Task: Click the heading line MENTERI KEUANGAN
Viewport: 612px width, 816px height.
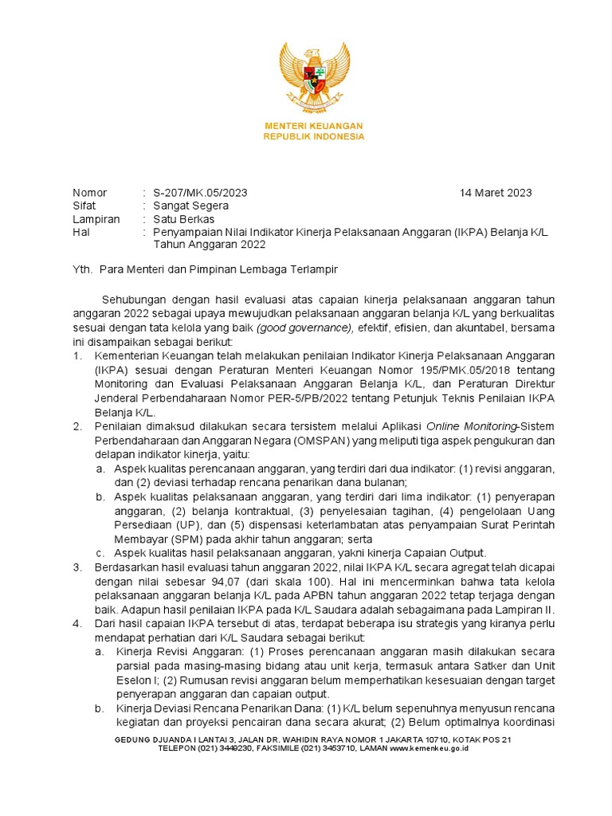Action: pos(314,126)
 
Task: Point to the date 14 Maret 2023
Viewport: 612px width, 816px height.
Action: pos(496,193)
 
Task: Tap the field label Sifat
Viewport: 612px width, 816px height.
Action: pos(84,206)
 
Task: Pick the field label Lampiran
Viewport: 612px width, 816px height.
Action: pos(96,219)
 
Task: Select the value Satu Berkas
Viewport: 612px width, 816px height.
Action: pos(184,219)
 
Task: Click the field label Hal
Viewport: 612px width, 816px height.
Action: pos(81,232)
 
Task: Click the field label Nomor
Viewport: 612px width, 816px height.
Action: pos(89,193)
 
